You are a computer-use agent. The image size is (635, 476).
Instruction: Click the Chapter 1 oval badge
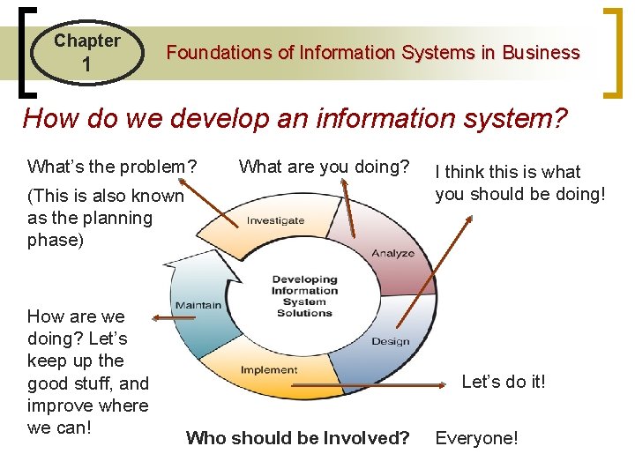coord(86,53)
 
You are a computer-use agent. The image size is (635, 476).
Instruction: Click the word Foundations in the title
coord(220,53)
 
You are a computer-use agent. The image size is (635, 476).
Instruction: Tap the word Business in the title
coord(541,53)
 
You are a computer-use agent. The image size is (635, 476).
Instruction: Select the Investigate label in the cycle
coord(275,220)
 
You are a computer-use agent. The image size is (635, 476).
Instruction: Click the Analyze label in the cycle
coord(392,253)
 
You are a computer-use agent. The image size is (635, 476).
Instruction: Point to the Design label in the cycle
coord(390,341)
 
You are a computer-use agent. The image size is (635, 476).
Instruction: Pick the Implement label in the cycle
coord(269,370)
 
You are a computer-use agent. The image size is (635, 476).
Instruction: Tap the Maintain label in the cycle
coord(198,305)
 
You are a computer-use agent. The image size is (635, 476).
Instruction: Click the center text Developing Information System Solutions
coord(303,296)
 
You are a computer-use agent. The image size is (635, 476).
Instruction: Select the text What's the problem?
coord(112,167)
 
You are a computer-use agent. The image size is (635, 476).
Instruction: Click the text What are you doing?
coord(325,167)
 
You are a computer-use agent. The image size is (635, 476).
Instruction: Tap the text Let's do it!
coord(504,382)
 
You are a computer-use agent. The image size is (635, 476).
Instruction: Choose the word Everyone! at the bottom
coord(476,438)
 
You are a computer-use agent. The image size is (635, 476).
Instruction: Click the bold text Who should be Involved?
coord(298,438)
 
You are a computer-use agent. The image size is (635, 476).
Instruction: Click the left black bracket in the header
coord(25,53)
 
